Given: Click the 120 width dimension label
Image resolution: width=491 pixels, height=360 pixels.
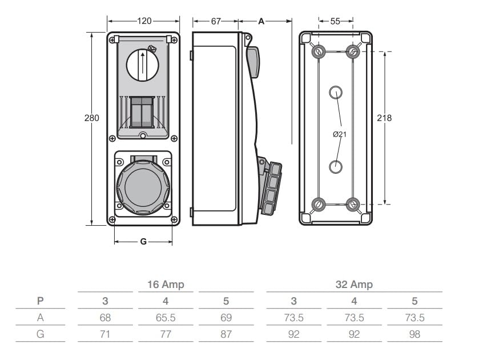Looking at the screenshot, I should point(144,21).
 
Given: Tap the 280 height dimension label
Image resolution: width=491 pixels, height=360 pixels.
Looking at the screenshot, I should point(91,118).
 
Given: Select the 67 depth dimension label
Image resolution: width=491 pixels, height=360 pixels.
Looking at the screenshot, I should point(216,21).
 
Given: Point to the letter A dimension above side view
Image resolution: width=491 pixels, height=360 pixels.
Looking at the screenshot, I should point(261,21).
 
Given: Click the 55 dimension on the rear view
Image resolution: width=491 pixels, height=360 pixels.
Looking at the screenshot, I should point(335,21).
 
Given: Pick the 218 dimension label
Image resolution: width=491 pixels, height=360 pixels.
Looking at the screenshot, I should point(385,118).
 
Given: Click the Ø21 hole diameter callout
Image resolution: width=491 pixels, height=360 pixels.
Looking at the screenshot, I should point(340,135).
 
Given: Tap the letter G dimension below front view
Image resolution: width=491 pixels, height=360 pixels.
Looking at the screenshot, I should point(143,242).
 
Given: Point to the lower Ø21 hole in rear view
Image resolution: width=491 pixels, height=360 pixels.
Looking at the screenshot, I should point(336,166).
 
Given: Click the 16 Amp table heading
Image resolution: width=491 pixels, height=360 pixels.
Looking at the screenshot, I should point(166,285).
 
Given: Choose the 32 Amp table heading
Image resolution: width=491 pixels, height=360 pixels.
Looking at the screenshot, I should point(354,285).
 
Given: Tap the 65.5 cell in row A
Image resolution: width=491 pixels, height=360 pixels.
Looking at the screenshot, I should point(166,318).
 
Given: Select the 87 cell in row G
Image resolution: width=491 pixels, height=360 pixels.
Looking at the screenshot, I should point(226,334).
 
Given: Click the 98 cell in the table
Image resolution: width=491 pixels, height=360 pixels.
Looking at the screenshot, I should point(414,334).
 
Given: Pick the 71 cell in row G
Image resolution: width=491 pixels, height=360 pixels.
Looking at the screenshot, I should point(105,334).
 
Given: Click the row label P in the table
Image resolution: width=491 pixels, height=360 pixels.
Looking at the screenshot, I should point(40,301).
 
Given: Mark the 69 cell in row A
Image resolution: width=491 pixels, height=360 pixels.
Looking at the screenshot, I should point(226,318).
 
